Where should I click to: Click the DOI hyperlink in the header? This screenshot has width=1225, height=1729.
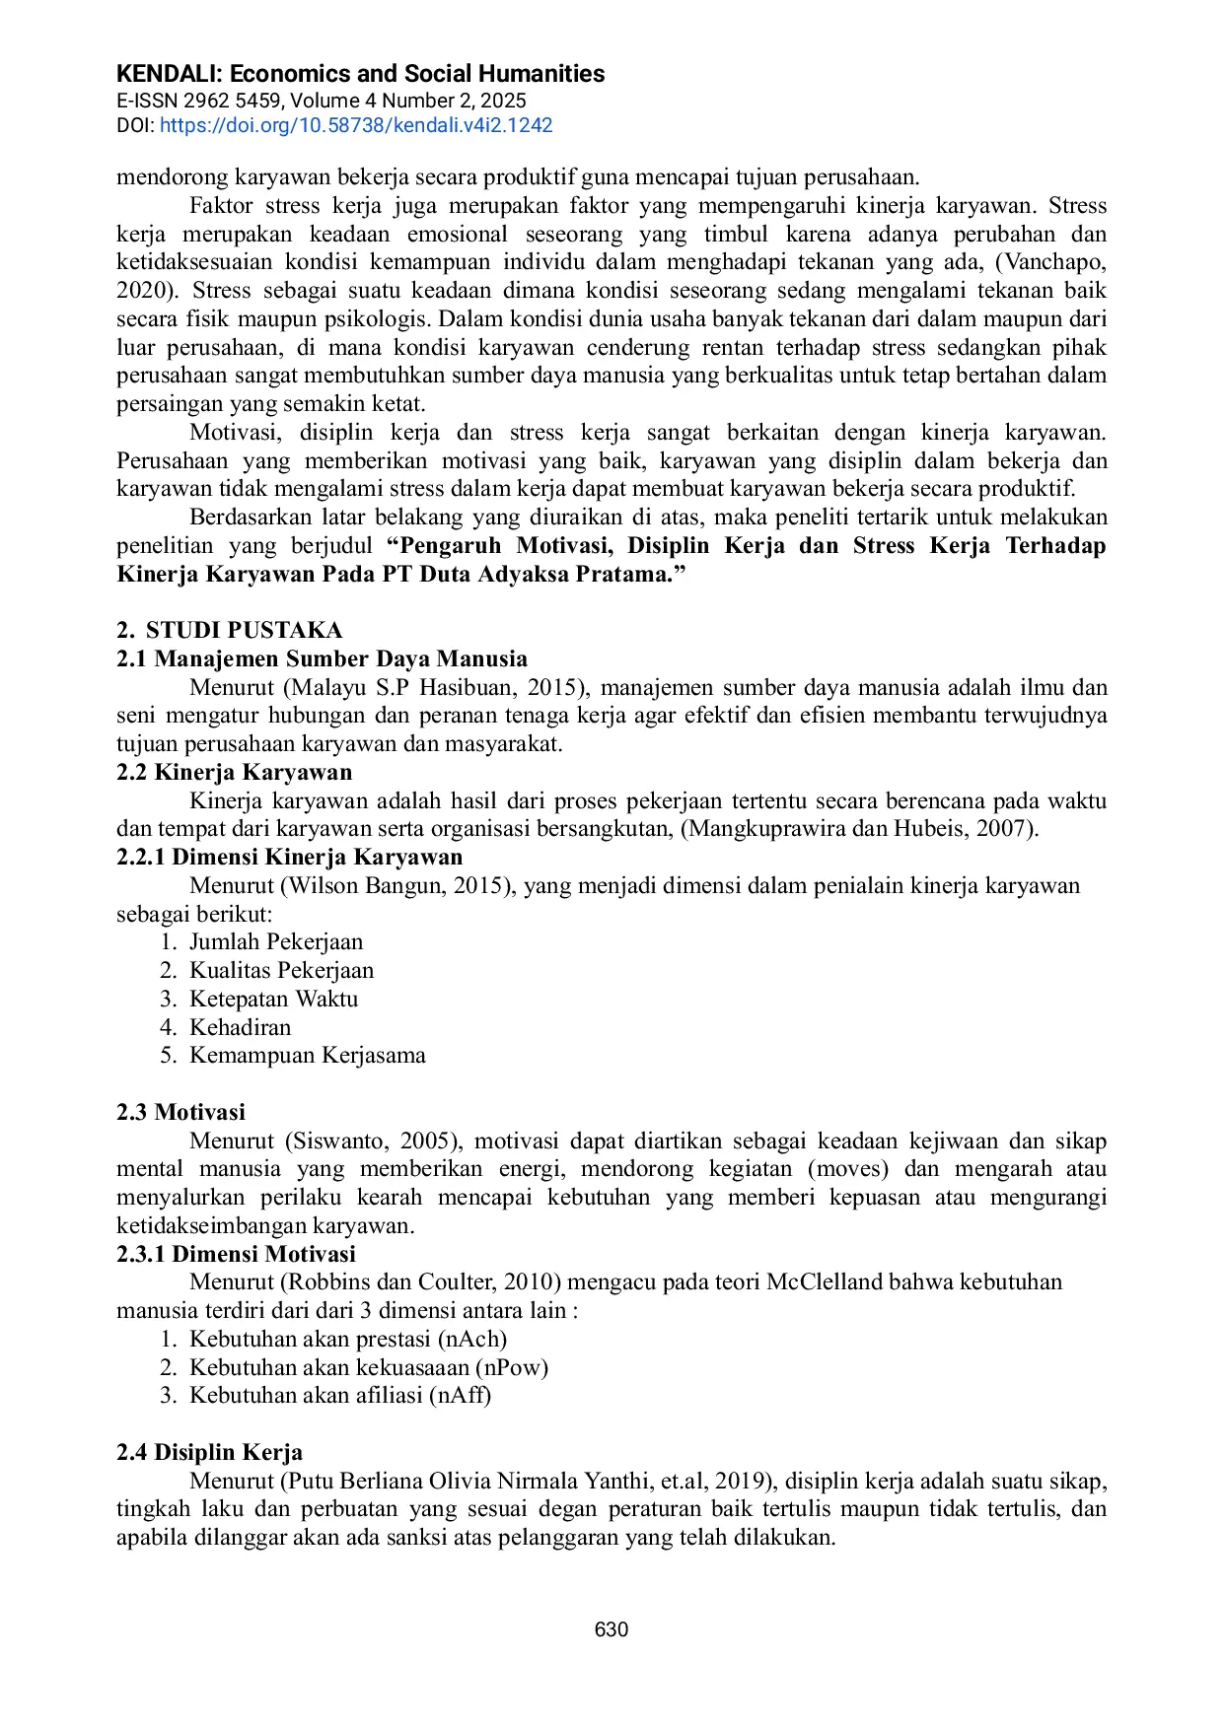pos(356,125)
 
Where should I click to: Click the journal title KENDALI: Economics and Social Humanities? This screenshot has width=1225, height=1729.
pos(360,74)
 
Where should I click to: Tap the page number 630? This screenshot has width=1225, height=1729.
pos(612,1629)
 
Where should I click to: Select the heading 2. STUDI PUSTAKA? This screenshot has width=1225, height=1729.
pos(230,630)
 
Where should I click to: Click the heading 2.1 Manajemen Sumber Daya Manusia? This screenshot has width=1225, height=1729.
pos(322,658)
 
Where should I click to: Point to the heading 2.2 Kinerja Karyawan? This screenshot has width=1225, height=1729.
pos(234,772)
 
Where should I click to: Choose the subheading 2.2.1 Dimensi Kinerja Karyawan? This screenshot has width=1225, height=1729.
pos(289,857)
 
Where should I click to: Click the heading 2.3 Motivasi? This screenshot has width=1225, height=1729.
pos(180,1112)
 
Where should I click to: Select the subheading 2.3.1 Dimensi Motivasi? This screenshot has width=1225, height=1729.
pos(236,1254)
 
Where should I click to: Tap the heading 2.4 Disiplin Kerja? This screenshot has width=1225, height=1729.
pos(209,1452)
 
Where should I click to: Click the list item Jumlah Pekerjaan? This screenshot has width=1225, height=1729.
pos(276,941)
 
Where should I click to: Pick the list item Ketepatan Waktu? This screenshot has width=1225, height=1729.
pos(273,999)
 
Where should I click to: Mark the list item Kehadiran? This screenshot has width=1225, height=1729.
pos(241,1027)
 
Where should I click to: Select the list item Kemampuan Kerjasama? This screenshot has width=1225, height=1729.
pos(308,1055)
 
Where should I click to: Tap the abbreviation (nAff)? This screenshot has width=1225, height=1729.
pos(460,1395)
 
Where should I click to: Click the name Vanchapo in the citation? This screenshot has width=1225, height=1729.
pos(1053,262)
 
